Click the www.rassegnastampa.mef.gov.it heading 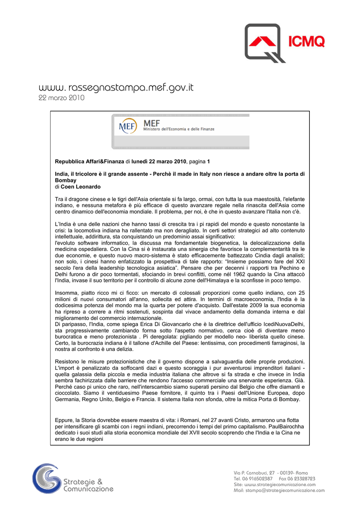coord(116,87)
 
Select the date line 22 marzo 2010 coord(62,98)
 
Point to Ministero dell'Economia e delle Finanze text coord(179,129)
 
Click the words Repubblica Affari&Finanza coord(89,162)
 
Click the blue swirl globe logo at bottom coord(47,479)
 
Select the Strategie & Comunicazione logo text coord(88,485)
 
